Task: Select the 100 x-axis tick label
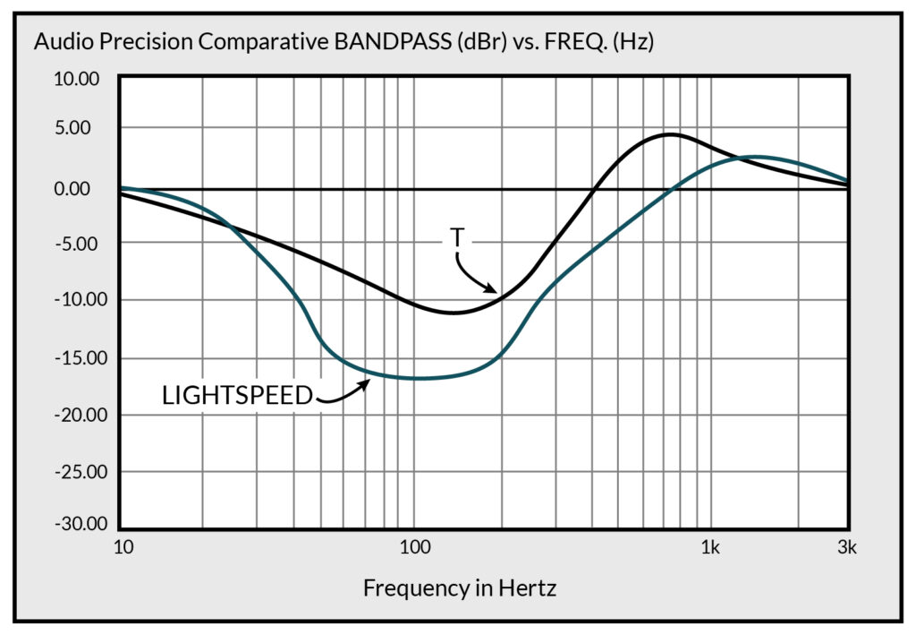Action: click(x=413, y=546)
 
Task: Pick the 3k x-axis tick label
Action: click(x=847, y=546)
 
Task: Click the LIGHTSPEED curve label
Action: click(x=237, y=395)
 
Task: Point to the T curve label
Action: click(x=456, y=238)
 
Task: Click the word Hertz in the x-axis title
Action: click(x=529, y=588)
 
